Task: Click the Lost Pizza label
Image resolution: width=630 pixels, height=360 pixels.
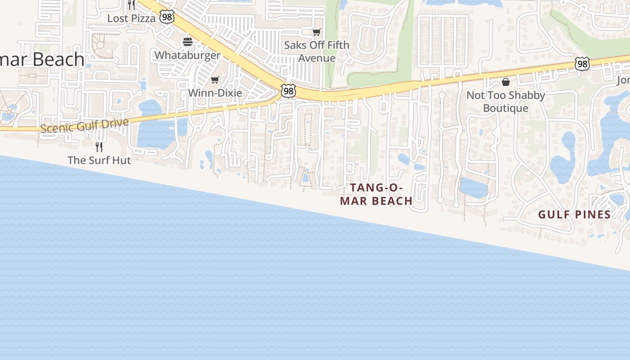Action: tap(131, 18)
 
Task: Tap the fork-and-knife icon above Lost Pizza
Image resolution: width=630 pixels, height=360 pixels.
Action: tap(131, 4)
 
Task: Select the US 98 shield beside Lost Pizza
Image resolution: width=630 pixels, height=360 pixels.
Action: tap(167, 18)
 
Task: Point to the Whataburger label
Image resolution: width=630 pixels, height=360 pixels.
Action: tap(187, 55)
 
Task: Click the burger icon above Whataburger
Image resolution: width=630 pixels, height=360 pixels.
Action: tap(188, 42)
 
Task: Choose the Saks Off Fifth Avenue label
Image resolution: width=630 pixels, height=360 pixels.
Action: tap(316, 51)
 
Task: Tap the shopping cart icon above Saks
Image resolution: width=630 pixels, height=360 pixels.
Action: tap(317, 32)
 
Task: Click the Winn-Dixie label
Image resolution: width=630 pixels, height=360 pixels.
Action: tap(215, 93)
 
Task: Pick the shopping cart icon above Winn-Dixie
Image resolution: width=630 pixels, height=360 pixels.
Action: tap(215, 80)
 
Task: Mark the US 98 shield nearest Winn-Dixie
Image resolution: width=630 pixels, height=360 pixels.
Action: tap(288, 91)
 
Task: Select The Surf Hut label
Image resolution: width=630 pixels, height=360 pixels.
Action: tap(99, 160)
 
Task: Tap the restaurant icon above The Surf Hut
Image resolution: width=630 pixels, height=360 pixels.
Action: tap(99, 147)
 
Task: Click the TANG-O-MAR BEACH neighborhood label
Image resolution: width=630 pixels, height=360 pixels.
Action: tap(376, 194)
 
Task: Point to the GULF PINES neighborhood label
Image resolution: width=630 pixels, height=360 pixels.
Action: tap(574, 215)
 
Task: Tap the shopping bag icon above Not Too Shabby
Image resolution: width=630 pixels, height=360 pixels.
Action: tap(506, 82)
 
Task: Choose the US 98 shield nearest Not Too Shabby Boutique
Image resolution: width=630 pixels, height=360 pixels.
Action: tap(582, 64)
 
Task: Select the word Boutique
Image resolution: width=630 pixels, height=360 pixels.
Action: tap(506, 108)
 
